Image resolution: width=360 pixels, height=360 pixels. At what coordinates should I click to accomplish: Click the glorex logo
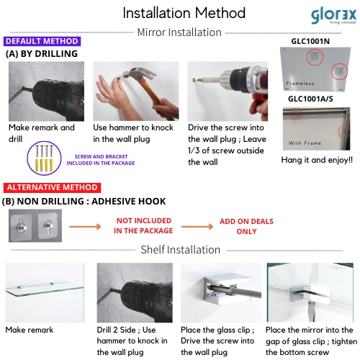(x=333, y=17)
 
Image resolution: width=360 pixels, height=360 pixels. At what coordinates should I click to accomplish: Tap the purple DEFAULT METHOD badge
(x=42, y=41)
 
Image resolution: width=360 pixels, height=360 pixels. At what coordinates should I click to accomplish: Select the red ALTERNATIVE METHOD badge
(x=52, y=187)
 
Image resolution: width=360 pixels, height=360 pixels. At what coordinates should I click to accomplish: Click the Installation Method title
(x=184, y=13)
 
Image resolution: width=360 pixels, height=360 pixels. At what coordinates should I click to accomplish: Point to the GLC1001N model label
(x=310, y=41)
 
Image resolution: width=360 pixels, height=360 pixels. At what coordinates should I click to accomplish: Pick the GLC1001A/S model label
(x=310, y=99)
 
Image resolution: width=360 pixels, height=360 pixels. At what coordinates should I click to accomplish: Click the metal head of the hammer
(x=139, y=73)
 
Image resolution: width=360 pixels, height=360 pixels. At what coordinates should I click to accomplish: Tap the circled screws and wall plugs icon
(x=44, y=158)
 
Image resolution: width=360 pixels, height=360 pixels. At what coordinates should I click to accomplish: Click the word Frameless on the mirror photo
(x=300, y=84)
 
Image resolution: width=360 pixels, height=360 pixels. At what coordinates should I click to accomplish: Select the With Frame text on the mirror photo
(x=305, y=143)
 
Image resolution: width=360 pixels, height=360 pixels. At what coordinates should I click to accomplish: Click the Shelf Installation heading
(x=181, y=250)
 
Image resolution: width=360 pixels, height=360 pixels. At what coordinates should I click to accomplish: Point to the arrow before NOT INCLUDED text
(x=85, y=227)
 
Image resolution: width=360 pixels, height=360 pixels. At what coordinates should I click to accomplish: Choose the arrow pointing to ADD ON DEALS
(x=197, y=227)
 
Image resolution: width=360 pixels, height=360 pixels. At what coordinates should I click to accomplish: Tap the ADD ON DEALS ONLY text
(x=246, y=226)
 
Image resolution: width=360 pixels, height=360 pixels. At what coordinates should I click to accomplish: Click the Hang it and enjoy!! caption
(x=317, y=160)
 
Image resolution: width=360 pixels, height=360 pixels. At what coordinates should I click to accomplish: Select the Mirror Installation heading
(x=179, y=32)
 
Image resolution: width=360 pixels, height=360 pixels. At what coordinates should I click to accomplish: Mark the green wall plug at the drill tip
(x=194, y=79)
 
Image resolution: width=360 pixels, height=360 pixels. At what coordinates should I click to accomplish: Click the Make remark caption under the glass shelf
(x=30, y=330)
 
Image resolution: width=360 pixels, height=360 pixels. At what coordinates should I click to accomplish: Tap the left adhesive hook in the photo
(x=22, y=226)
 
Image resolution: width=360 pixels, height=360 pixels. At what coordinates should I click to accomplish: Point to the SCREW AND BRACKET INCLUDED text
(x=101, y=160)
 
